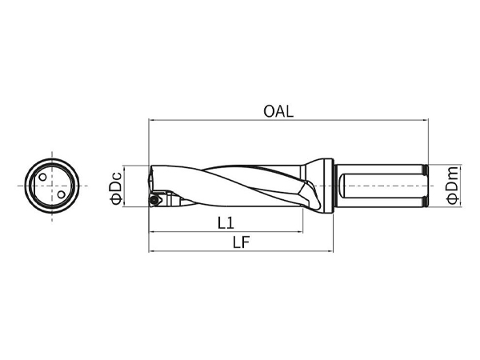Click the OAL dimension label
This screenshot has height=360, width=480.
coord(278,111)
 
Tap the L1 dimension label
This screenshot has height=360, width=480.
coord(226,223)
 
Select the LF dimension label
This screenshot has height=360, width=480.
coord(242,242)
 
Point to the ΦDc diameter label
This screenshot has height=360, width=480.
coord(117,188)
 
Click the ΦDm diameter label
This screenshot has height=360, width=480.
coord(453,185)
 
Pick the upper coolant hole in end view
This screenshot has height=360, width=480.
coord(43,178)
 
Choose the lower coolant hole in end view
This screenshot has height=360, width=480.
coord(62,194)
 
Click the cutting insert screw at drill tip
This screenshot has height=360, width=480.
coord(154,200)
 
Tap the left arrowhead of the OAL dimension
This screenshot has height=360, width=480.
coord(151,120)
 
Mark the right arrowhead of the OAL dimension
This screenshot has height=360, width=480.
coord(426,120)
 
